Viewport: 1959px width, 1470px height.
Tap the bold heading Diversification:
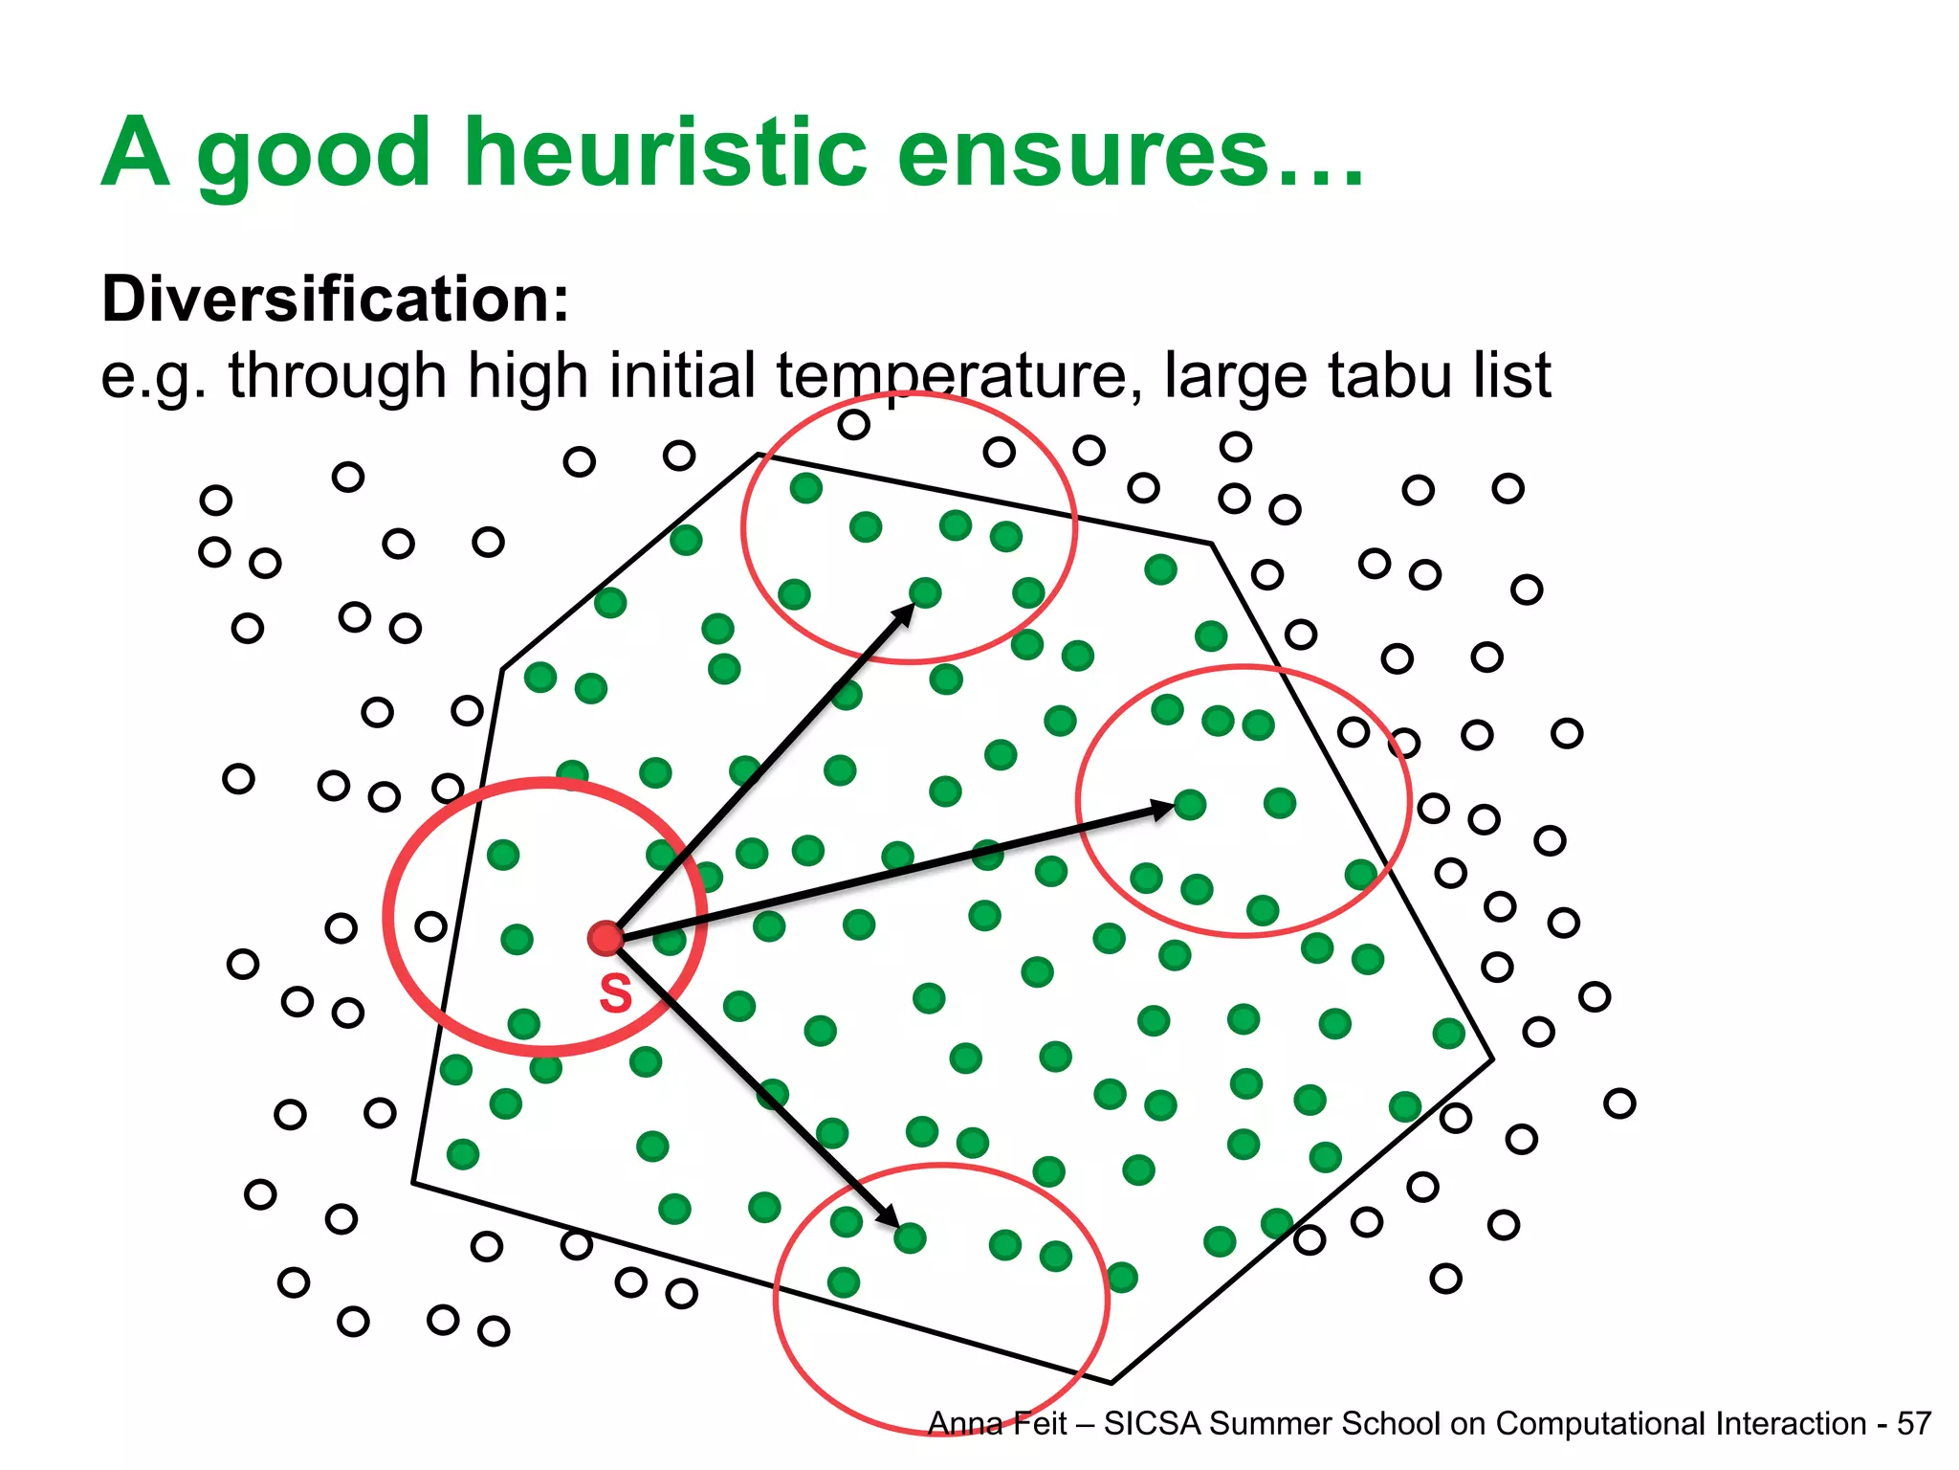(336, 300)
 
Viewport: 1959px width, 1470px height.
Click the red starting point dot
(605, 938)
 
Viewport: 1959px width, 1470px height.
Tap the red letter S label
(615, 993)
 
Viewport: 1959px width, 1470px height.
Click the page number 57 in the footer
(1914, 1424)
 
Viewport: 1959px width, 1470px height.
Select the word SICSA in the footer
(1153, 1424)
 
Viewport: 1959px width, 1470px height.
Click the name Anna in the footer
(964, 1424)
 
